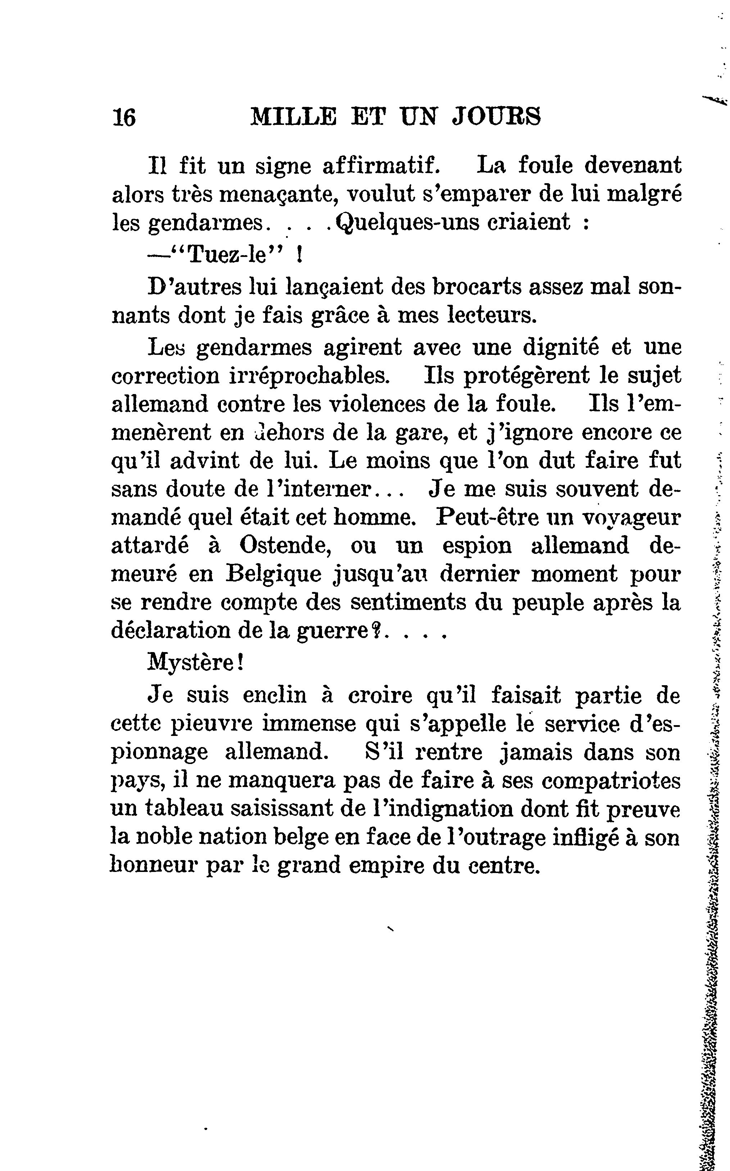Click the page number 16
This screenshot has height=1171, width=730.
coord(124,117)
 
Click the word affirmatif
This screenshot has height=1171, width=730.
coord(381,166)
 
